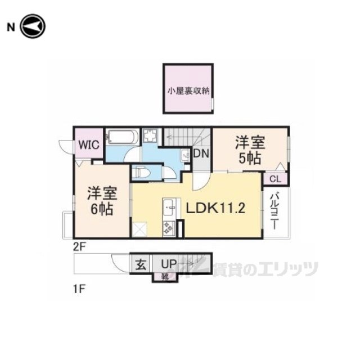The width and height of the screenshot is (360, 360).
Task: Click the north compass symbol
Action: coord(33,26)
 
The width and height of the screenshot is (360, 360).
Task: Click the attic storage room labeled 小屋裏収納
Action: coord(188,89)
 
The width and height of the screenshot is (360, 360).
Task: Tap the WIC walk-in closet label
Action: coord(88,145)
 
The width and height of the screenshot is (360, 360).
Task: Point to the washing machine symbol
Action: coord(150,137)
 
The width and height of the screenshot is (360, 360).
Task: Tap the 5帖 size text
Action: coord(250,159)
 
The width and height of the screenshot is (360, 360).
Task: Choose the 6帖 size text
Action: coord(101,209)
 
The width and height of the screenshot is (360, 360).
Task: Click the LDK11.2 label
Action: coord(215,209)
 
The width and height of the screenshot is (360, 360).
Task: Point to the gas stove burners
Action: coord(168,227)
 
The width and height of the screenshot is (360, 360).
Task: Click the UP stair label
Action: coord(169,263)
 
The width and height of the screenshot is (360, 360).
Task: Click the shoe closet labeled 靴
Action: coord(165,276)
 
